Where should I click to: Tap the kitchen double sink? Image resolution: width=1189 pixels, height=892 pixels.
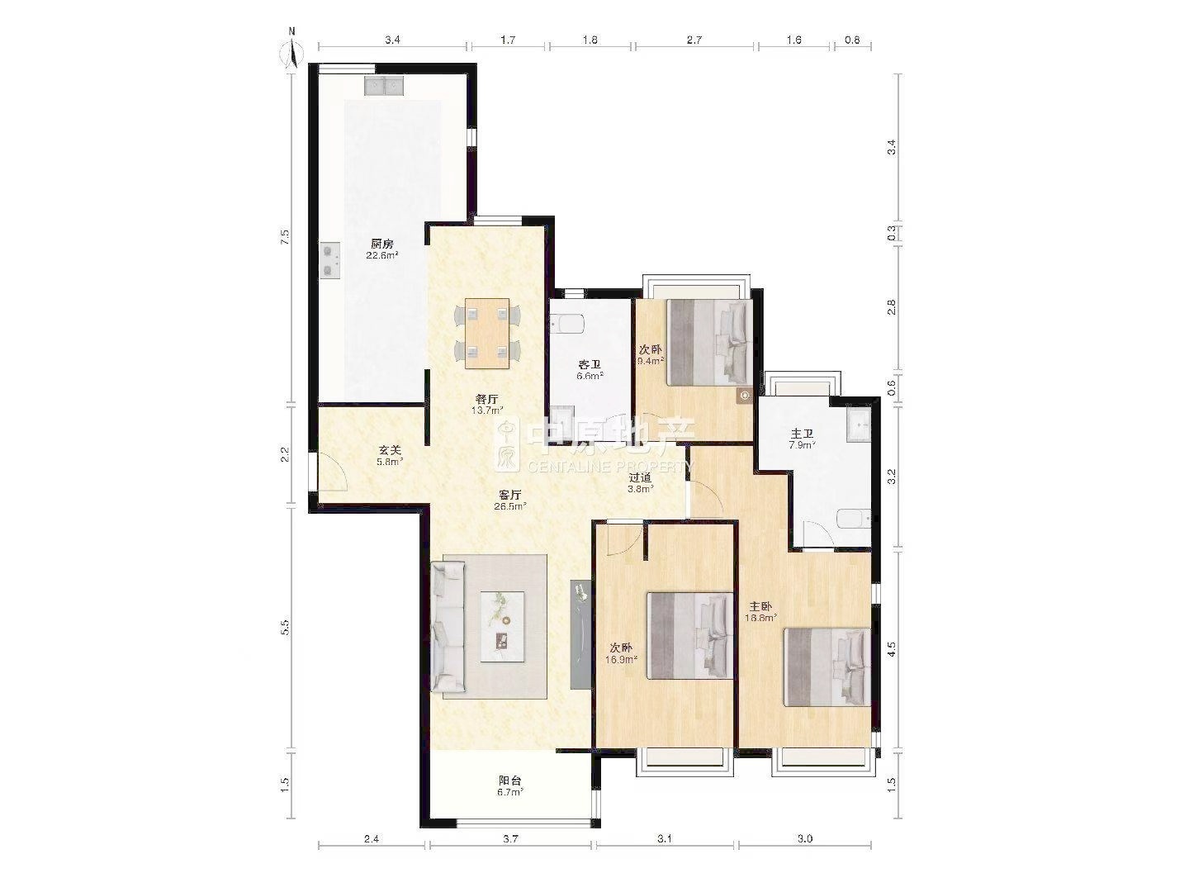pos(383,86)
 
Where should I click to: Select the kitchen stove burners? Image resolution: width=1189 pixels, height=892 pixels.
pos(330,260)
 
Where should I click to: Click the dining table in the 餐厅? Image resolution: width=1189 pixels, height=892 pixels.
pos(487,333)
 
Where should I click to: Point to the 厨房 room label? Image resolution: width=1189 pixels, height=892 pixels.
pos(382,244)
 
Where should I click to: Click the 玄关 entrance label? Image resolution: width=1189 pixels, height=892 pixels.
pos(390,450)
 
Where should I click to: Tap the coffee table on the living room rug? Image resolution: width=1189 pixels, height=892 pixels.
pos(502,626)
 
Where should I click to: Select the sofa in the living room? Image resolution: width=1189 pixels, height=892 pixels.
pos(448,627)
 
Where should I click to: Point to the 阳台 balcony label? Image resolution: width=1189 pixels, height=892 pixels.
pos(509,780)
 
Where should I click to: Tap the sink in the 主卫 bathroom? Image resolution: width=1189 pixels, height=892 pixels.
pos(859,425)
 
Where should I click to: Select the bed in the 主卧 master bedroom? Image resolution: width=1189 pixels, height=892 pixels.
pos(827,667)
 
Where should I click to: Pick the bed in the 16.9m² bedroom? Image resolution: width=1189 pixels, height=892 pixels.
pos(690,636)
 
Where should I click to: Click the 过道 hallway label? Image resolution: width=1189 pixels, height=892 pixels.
pos(640,477)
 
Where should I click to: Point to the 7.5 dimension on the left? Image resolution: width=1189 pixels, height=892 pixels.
pos(286,237)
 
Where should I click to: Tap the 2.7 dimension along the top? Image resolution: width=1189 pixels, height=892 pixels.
pos(694,40)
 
